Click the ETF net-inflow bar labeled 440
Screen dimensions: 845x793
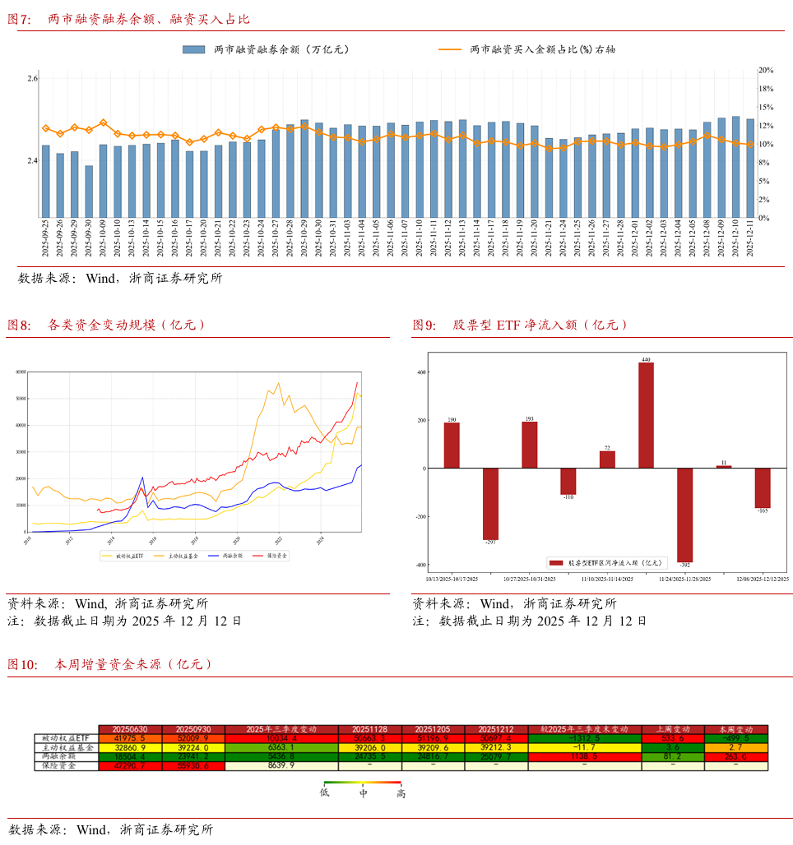point(646,415)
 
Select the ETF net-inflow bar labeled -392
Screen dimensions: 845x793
point(684,515)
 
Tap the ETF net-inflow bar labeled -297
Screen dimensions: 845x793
point(490,504)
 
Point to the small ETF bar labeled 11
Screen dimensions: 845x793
point(724,466)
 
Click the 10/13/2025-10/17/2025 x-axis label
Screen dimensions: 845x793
point(452,579)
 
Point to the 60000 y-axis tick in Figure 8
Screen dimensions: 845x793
point(21,372)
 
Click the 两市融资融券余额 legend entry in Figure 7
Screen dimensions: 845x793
point(267,49)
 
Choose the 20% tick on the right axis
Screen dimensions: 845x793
point(766,71)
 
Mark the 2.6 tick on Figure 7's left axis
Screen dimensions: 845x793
point(32,78)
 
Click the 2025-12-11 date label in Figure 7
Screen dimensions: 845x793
point(749,238)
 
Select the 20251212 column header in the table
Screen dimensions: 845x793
point(496,729)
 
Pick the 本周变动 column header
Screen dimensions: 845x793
point(735,729)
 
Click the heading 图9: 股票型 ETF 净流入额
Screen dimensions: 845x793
point(520,326)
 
